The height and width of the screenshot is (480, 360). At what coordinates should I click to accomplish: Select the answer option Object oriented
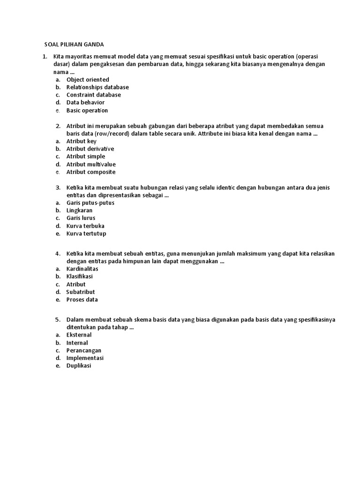tap(88, 80)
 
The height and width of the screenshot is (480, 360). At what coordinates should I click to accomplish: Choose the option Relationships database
tap(97, 87)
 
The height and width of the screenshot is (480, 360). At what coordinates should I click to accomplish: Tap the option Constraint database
tap(94, 95)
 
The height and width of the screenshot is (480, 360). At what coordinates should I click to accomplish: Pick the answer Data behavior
tap(85, 102)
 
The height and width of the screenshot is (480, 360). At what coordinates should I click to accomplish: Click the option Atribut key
tap(82, 141)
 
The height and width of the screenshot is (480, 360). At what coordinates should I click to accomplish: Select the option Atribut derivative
tap(90, 149)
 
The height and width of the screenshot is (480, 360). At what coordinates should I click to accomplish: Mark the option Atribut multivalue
tap(91, 164)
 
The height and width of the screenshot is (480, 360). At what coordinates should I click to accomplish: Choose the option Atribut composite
tap(91, 172)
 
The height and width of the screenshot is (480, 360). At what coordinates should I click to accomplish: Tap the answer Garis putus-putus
tap(90, 203)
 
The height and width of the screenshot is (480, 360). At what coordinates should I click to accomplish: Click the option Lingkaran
tap(80, 210)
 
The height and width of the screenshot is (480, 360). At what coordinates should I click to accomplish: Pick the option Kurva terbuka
tap(85, 226)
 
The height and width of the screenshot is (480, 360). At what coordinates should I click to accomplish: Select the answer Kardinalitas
tap(82, 269)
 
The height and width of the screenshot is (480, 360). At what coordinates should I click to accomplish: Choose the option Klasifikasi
tap(80, 277)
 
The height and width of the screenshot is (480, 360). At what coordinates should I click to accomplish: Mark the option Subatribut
tap(81, 292)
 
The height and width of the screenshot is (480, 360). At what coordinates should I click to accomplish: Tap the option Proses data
tap(82, 300)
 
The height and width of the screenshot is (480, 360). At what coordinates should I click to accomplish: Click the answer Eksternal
tap(79, 335)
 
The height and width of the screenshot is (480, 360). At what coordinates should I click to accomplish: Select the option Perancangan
tap(84, 351)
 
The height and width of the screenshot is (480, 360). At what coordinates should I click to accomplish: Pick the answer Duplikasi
tap(79, 366)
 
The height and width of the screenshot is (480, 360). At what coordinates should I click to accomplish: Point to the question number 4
tap(57, 254)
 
